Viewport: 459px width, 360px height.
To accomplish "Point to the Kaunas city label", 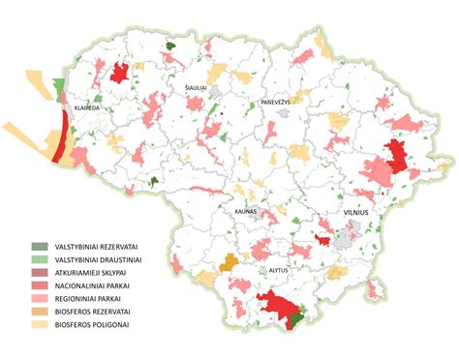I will point(244,209).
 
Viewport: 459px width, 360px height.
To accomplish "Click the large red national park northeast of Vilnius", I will point(395,155).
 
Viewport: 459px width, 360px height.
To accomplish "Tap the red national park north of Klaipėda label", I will point(121,73).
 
